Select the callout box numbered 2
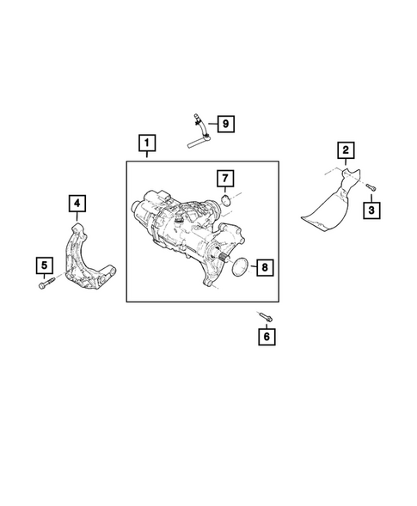345,152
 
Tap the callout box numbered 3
372,209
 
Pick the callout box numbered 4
77,203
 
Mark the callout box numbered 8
265,267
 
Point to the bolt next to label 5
44,285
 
